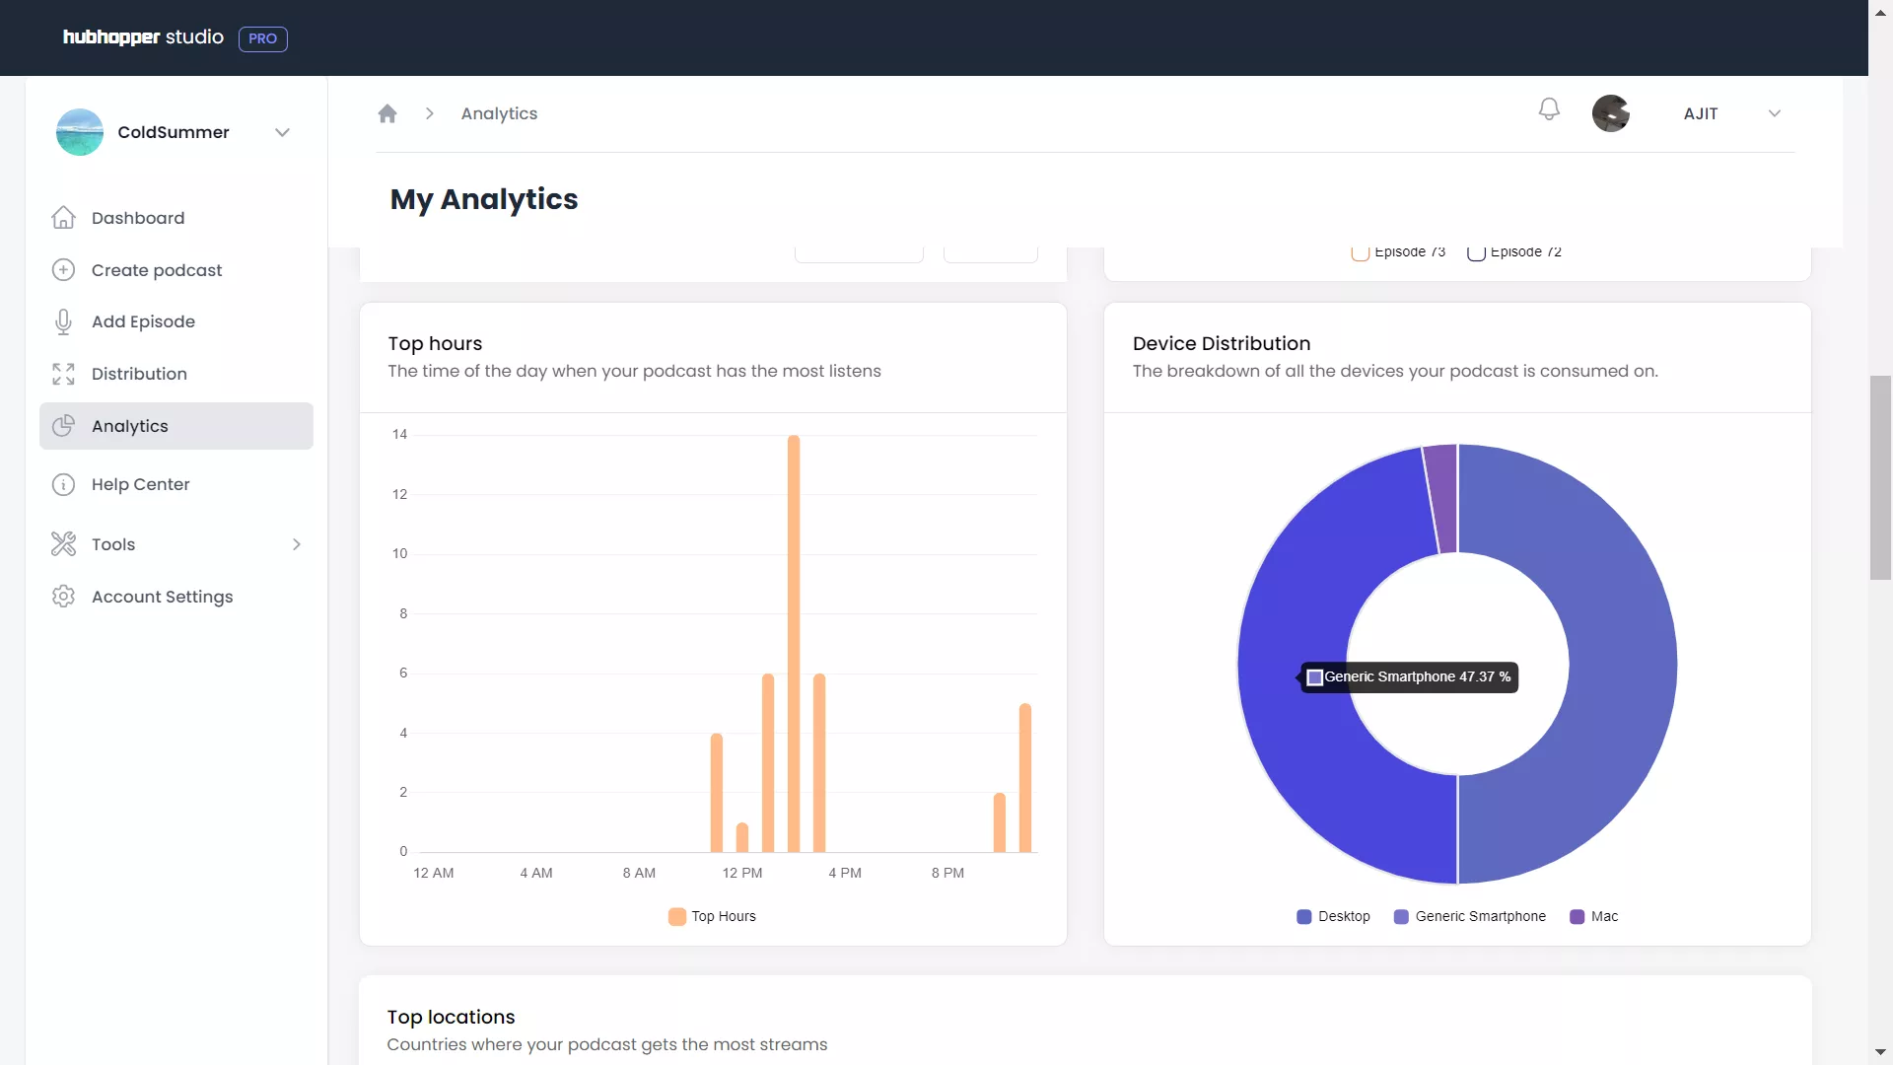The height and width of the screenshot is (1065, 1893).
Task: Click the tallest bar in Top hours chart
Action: click(x=794, y=643)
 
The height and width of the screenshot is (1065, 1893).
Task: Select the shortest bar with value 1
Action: click(x=742, y=837)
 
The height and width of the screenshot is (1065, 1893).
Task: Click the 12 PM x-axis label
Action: click(x=741, y=873)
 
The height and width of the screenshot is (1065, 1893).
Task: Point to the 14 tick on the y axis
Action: click(x=399, y=434)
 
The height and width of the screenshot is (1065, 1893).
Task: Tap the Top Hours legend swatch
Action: click(x=677, y=916)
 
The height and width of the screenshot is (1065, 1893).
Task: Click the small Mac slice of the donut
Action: click(x=1441, y=498)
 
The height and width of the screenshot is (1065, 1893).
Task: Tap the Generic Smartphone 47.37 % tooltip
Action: click(x=1410, y=677)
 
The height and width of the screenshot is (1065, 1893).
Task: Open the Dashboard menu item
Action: click(x=138, y=218)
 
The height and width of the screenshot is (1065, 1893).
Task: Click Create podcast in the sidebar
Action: click(x=157, y=270)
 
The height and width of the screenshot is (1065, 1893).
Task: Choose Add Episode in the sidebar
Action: click(x=143, y=321)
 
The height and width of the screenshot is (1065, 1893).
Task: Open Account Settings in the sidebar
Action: click(x=162, y=597)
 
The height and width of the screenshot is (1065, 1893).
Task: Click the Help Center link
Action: click(x=140, y=484)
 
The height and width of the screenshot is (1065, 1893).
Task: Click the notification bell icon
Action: click(x=1549, y=109)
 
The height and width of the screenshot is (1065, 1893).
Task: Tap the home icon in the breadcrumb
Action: click(x=387, y=113)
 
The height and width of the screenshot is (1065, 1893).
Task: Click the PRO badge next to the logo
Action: click(x=262, y=38)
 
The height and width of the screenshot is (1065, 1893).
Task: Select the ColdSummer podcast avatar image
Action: click(x=80, y=132)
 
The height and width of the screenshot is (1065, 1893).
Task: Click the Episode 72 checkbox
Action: click(x=1476, y=253)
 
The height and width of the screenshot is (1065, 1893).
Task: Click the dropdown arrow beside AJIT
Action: click(x=1775, y=113)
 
